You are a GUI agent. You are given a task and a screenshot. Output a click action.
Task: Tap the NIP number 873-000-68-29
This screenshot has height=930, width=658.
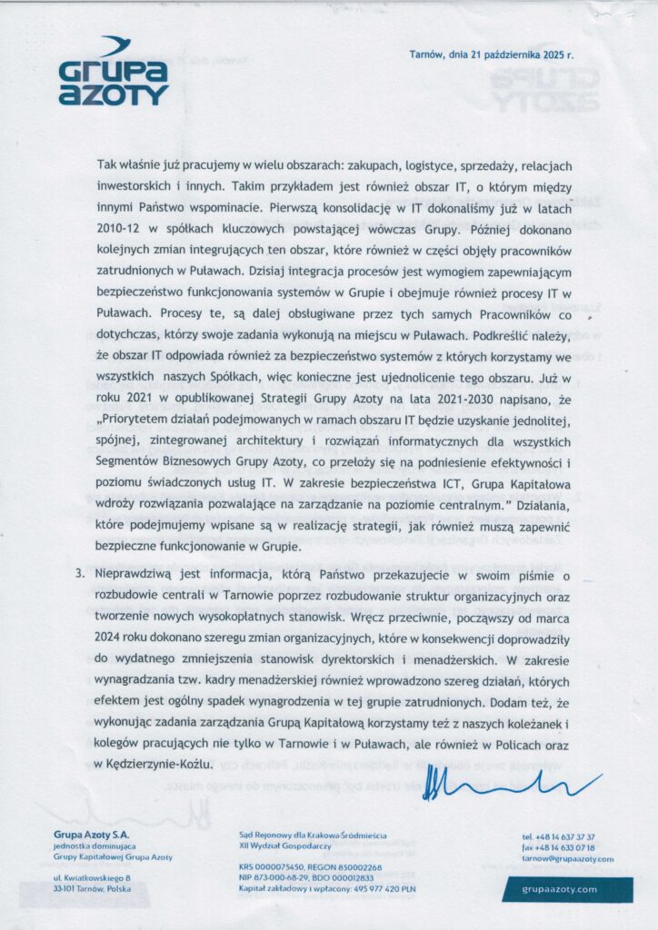pyautogui.click(x=273, y=877)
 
